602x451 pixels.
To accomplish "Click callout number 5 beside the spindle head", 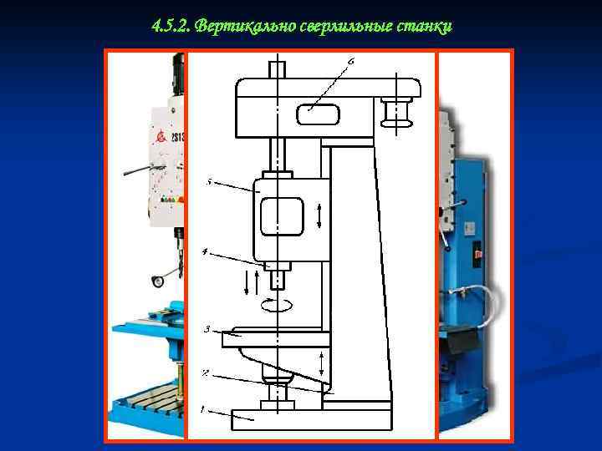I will pyautogui.click(x=208, y=180).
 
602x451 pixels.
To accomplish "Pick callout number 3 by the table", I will pyautogui.click(x=206, y=329).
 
